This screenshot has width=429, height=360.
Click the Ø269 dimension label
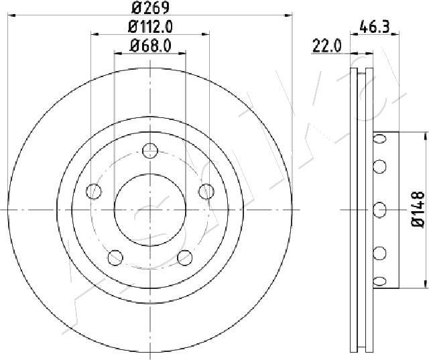tap(150, 9)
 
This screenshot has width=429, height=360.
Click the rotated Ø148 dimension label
tap(417, 209)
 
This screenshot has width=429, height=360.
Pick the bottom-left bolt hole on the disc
tap(115, 255)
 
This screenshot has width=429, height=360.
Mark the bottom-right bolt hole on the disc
tap(183, 255)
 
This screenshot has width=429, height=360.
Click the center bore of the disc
tap(149, 209)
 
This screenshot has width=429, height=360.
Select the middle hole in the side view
tap(380, 209)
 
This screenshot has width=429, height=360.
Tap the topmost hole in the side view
tap(380, 139)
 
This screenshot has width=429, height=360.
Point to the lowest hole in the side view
tap(380, 280)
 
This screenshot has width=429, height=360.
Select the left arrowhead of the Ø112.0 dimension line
tap(93, 34)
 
